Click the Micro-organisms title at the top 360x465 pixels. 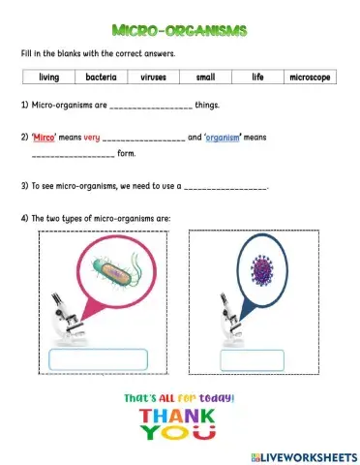point(180,31)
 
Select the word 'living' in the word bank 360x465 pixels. point(49,77)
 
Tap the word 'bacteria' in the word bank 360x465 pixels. point(102,77)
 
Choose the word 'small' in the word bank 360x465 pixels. point(205,77)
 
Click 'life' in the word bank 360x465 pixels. point(257,77)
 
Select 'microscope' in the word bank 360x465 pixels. point(310,77)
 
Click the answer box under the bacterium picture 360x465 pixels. point(98,359)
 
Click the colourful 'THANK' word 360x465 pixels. point(180,417)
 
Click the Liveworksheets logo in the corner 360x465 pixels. point(303,454)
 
